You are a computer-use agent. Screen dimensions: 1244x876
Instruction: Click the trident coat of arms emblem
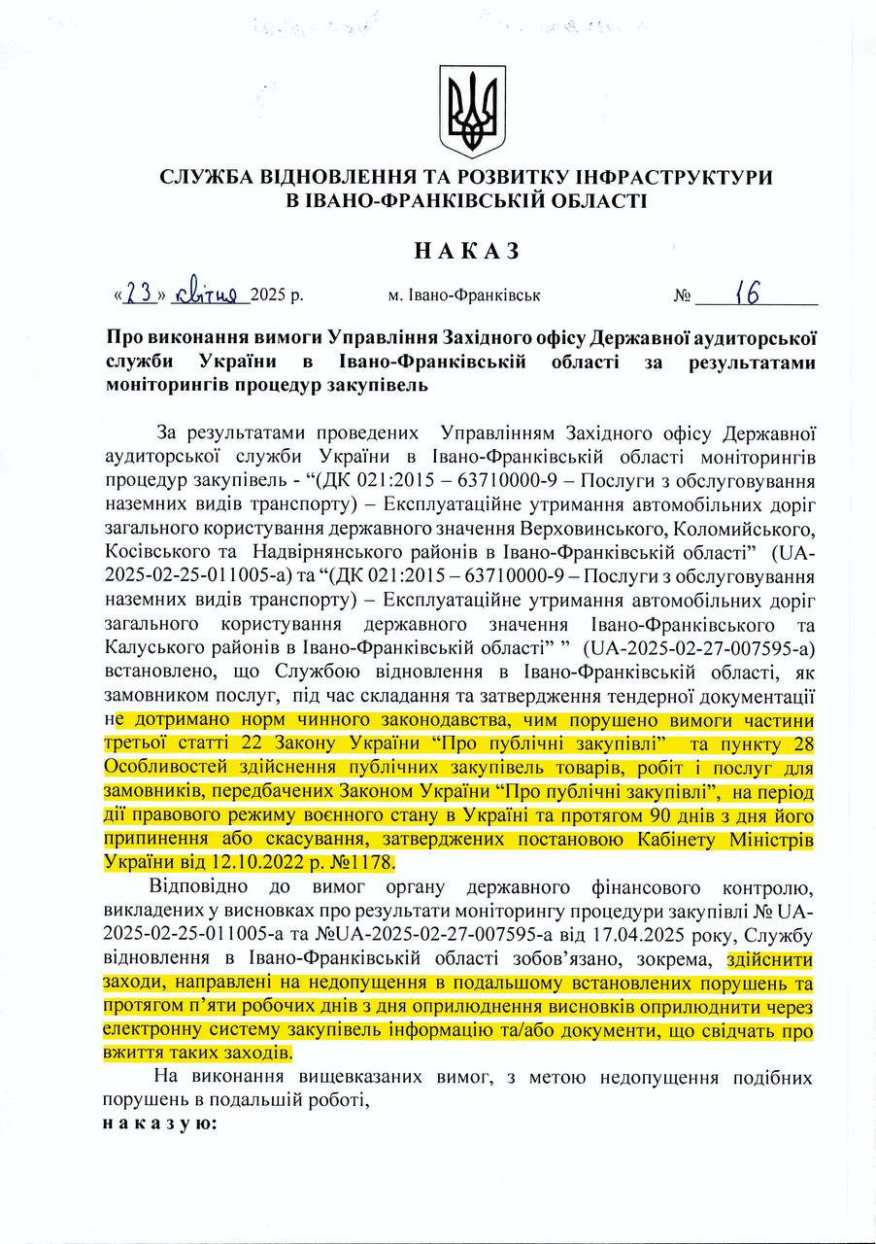click(x=473, y=110)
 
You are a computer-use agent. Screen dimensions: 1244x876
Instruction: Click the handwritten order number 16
click(x=747, y=292)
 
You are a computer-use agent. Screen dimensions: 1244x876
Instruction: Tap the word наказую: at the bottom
click(x=159, y=1123)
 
